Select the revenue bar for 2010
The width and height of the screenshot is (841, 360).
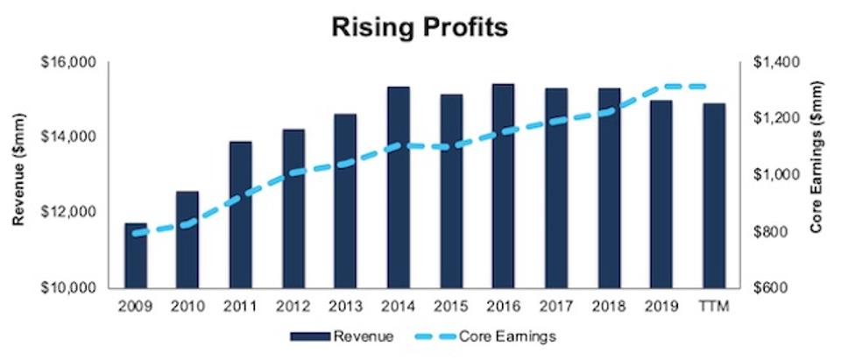click(187, 240)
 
